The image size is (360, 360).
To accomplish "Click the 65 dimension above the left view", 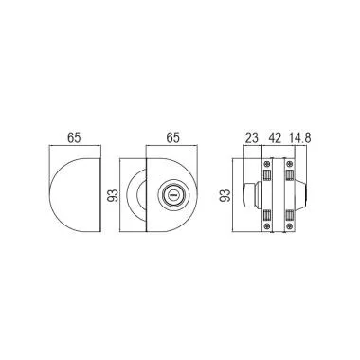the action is point(74,137).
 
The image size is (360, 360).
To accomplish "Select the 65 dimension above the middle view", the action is point(172,137).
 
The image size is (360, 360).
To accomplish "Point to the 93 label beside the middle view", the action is point(113,195).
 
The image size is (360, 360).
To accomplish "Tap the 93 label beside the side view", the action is point(225,195).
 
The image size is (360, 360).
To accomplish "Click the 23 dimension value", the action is point(252,138).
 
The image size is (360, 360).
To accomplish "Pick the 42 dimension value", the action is point(275,138).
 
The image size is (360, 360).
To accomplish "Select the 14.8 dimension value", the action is point(299,138).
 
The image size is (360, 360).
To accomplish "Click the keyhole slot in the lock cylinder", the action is point(172,196).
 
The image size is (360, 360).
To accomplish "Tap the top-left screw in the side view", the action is point(267,164).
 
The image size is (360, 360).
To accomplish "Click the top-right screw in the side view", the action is point(289,164).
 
